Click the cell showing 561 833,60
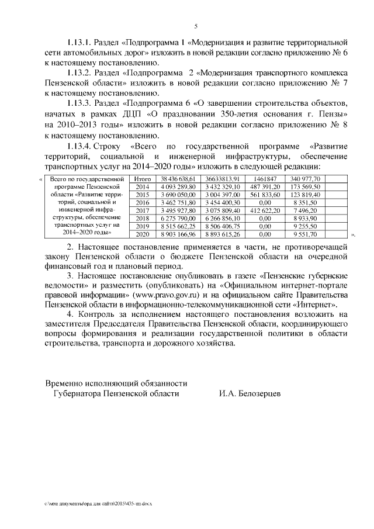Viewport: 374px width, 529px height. click(265, 194)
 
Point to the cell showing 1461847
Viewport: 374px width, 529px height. click(265, 178)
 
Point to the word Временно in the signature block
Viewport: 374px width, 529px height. click(66, 383)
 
